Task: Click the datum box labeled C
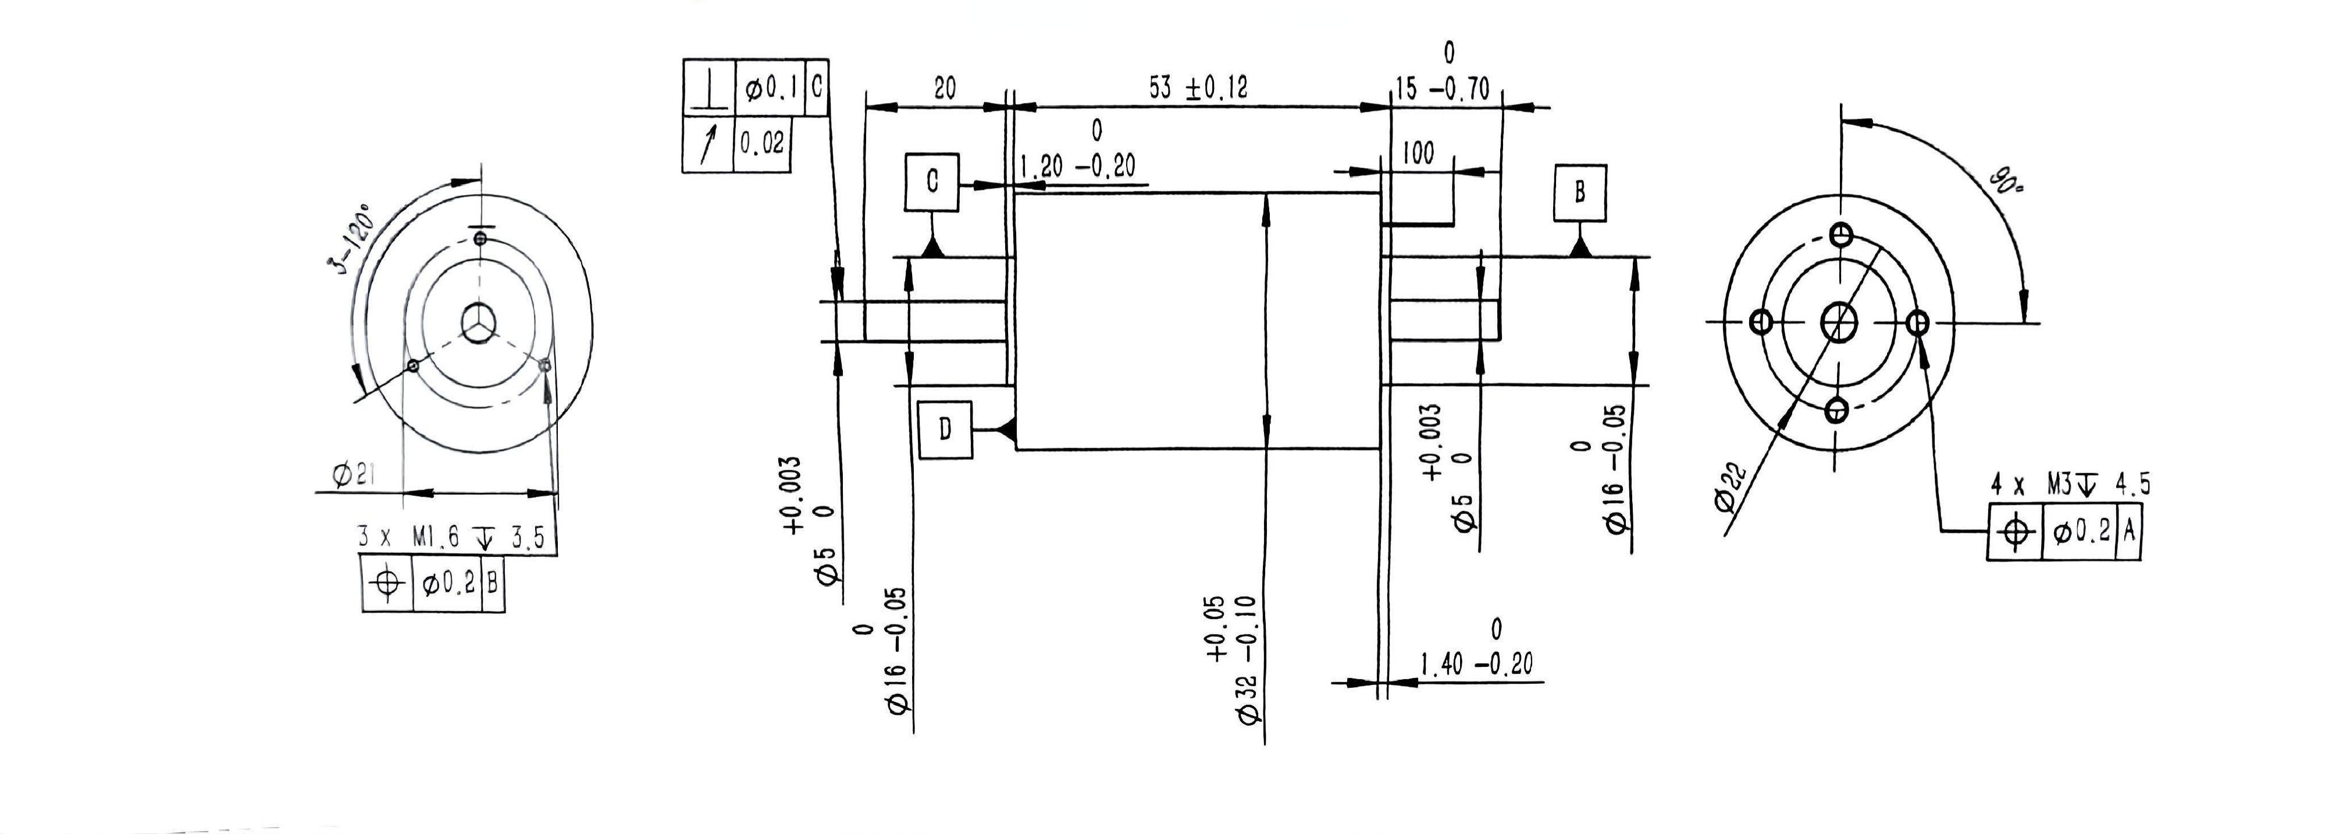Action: (x=931, y=182)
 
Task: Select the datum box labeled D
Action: (x=944, y=430)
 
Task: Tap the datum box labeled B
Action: (x=1579, y=192)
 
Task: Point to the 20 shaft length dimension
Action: (x=944, y=88)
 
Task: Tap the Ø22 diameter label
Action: (x=1732, y=487)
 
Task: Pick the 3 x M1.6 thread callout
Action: (x=451, y=538)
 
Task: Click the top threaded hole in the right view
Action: (x=1841, y=236)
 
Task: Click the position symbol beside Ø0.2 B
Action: (x=387, y=583)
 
